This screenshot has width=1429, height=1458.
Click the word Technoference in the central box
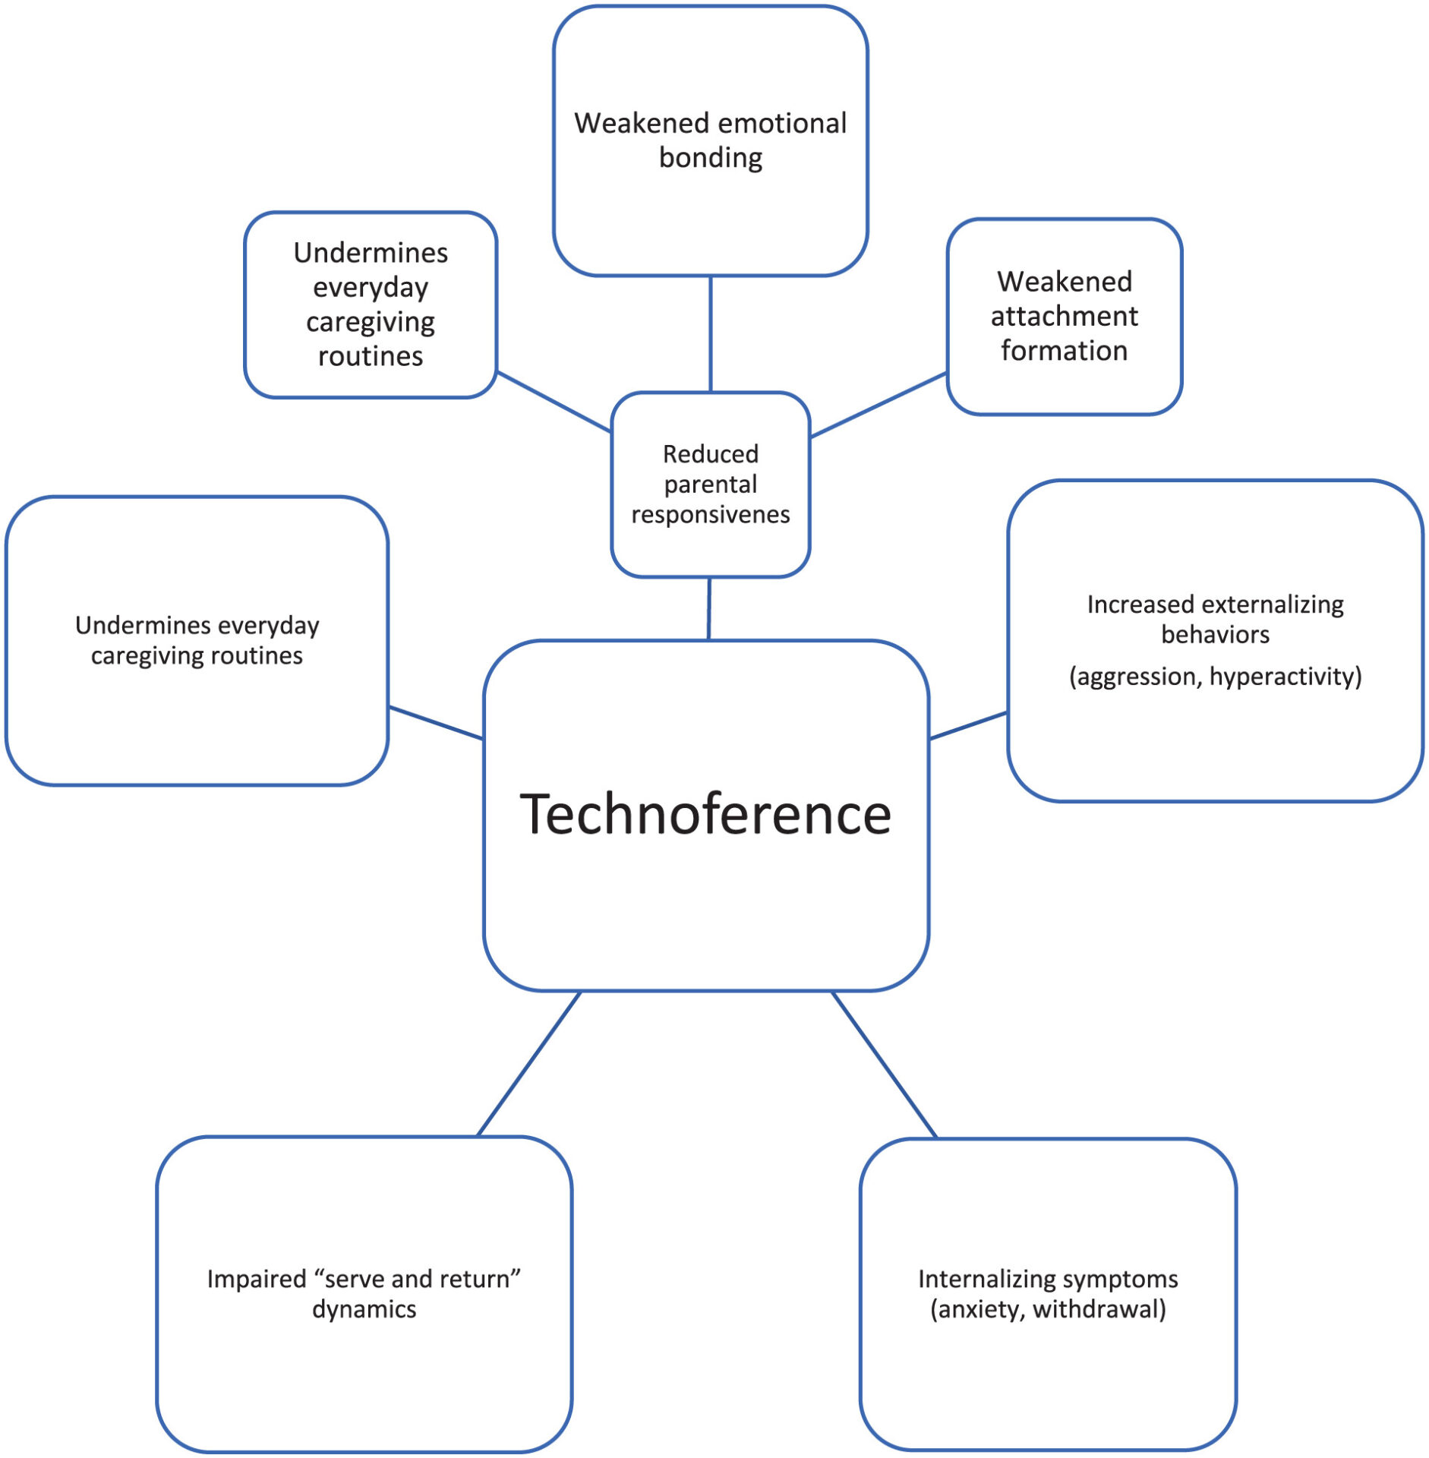point(705,814)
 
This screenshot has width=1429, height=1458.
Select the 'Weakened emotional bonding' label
point(710,140)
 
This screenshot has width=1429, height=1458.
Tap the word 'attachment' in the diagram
point(1064,316)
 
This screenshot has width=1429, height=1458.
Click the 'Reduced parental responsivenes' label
point(710,484)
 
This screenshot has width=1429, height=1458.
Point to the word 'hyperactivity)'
point(1285,676)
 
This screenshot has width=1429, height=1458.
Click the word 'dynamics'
point(364,1309)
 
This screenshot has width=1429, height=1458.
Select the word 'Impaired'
point(257,1280)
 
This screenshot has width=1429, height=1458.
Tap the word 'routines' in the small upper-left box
point(371,356)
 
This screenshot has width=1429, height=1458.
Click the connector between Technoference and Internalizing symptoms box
point(885,1064)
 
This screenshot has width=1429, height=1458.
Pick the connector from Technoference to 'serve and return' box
point(528,1064)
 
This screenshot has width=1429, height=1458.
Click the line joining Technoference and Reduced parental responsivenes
point(709,608)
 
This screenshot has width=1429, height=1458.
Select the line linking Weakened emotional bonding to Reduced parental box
point(710,334)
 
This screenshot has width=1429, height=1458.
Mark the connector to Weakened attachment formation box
point(879,405)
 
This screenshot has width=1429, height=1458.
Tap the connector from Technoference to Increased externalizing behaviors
point(968,725)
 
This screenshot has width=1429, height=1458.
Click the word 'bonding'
point(710,158)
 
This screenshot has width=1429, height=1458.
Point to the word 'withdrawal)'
point(1099,1309)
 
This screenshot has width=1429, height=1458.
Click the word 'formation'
point(1064,351)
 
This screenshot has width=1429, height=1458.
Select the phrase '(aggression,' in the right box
point(1135,676)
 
